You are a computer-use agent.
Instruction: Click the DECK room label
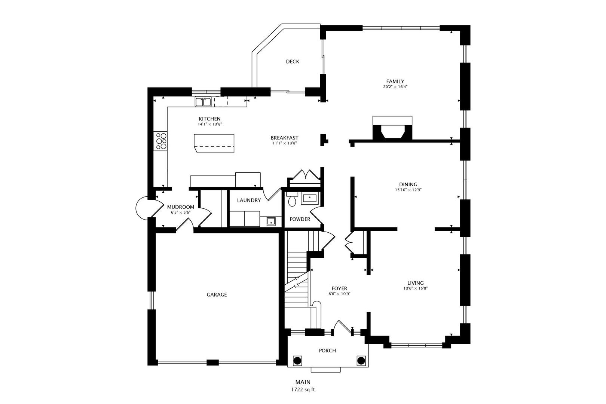pyautogui.click(x=293, y=62)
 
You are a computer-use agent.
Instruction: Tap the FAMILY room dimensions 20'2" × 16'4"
pyautogui.click(x=395, y=87)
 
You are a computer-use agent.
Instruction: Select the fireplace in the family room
pyautogui.click(x=392, y=128)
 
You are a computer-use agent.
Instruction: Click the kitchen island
pyautogui.click(x=214, y=143)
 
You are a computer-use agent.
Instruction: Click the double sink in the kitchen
pyautogui.click(x=203, y=102)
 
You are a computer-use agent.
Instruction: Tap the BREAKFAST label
pyautogui.click(x=285, y=138)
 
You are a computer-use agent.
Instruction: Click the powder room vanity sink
pyautogui.click(x=309, y=199)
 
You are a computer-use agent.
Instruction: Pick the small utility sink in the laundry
pyautogui.click(x=271, y=221)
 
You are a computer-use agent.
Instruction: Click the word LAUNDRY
pyautogui.click(x=249, y=200)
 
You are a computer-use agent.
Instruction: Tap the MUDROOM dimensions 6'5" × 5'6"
pyautogui.click(x=180, y=212)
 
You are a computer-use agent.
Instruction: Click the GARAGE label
pyautogui.click(x=217, y=295)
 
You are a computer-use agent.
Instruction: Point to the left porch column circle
pyautogui.click(x=297, y=361)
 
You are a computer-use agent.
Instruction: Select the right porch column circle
pyautogui.click(x=361, y=361)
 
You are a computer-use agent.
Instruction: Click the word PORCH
pyautogui.click(x=327, y=351)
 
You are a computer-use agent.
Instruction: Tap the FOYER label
pyautogui.click(x=339, y=288)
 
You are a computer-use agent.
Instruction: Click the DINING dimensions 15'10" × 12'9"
pyautogui.click(x=408, y=190)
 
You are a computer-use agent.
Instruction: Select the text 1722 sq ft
pyautogui.click(x=303, y=390)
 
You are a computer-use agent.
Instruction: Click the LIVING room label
pyautogui.click(x=416, y=283)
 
